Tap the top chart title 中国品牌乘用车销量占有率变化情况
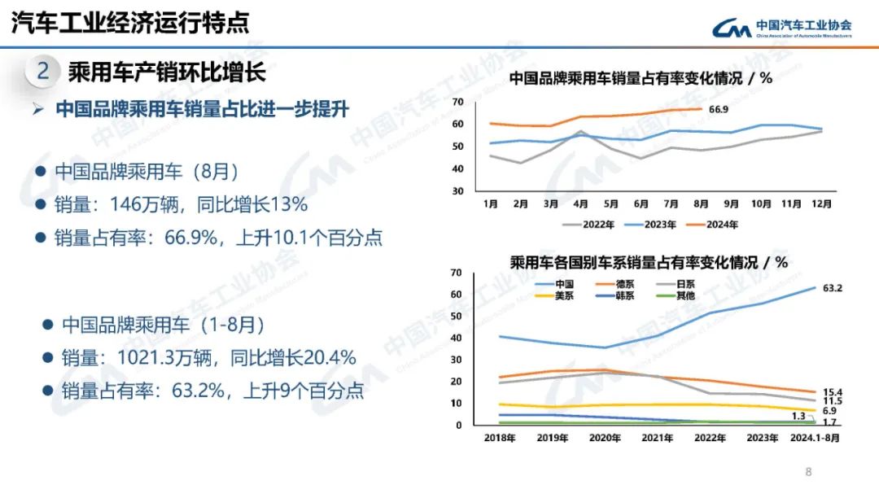point(640,78)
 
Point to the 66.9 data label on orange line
point(718,109)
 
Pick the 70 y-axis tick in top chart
point(457,102)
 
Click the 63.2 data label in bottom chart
point(832,288)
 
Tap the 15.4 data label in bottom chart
point(832,392)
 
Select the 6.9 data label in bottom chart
point(829,411)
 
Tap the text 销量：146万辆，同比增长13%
point(181,203)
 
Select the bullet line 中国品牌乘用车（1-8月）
point(164,324)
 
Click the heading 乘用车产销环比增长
point(166,72)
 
